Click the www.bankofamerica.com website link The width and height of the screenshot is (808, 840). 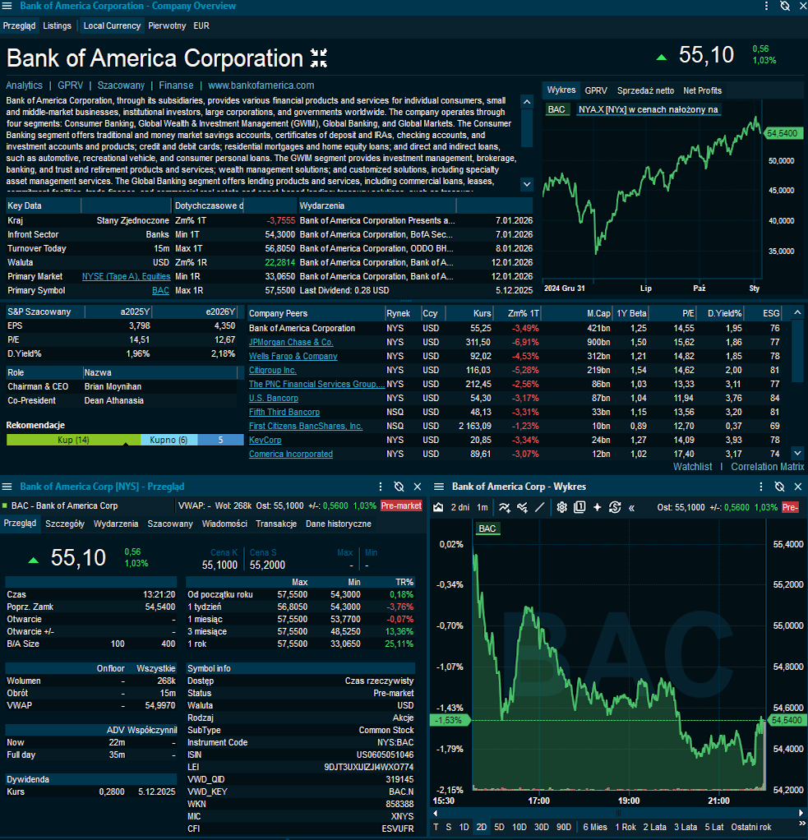pyautogui.click(x=261, y=85)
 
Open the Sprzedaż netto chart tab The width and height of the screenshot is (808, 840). pyautogui.click(x=645, y=90)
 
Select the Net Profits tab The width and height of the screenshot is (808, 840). pyautogui.click(x=702, y=90)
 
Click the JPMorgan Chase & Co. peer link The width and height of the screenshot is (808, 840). pyautogui.click(x=291, y=342)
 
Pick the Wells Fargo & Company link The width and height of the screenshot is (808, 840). pyautogui.click(x=293, y=356)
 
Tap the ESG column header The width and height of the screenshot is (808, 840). pyautogui.click(x=771, y=313)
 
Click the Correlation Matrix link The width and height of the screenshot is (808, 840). pyautogui.click(x=767, y=467)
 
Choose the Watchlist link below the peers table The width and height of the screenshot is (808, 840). pyautogui.click(x=692, y=467)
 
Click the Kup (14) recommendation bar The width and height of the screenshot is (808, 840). pyautogui.click(x=73, y=440)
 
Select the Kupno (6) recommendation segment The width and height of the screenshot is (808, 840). pyautogui.click(x=169, y=440)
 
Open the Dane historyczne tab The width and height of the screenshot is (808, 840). pyautogui.click(x=338, y=524)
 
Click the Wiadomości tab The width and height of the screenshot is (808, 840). pyautogui.click(x=224, y=524)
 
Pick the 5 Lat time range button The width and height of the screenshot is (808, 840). pyautogui.click(x=712, y=827)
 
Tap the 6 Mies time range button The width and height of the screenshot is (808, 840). pyautogui.click(x=595, y=827)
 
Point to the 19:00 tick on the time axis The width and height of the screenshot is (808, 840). pyautogui.click(x=628, y=801)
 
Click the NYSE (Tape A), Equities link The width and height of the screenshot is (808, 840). pyautogui.click(x=126, y=276)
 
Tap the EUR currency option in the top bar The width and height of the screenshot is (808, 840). pyautogui.click(x=201, y=25)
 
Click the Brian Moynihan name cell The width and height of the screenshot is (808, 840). pyautogui.click(x=113, y=386)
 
